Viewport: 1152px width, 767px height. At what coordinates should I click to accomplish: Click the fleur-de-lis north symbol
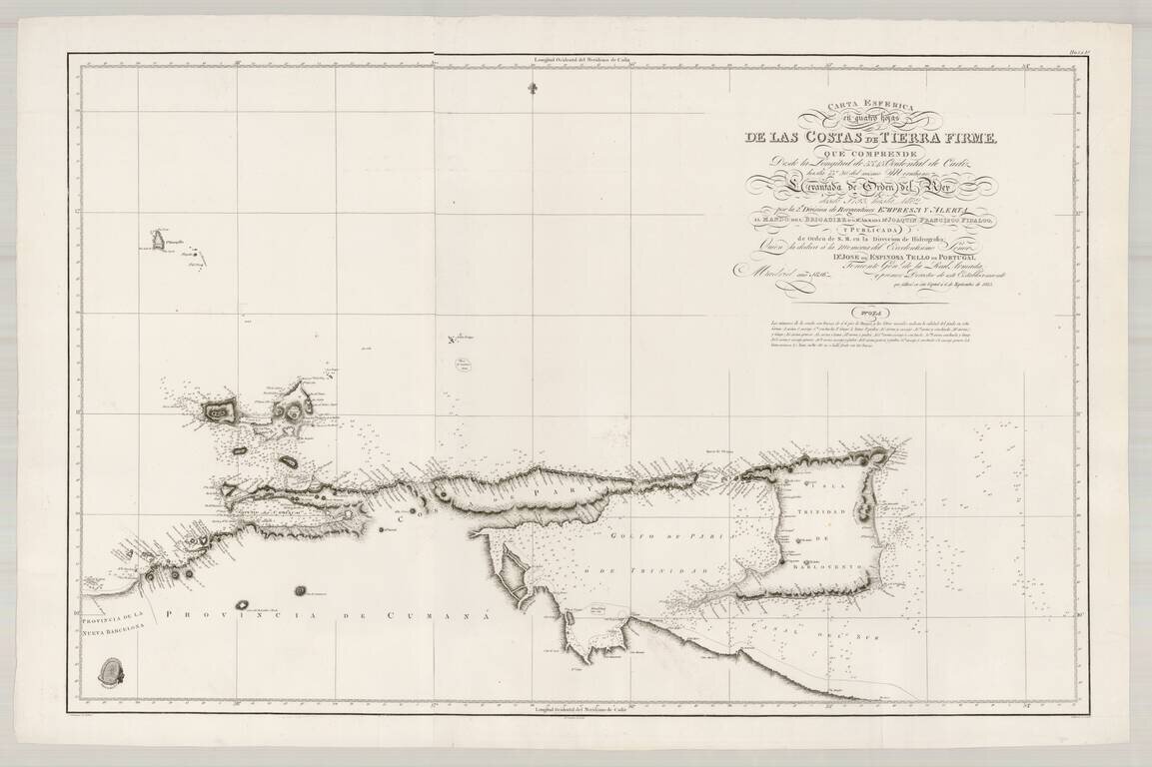530,88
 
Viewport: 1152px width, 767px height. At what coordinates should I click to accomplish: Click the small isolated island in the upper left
158,240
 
